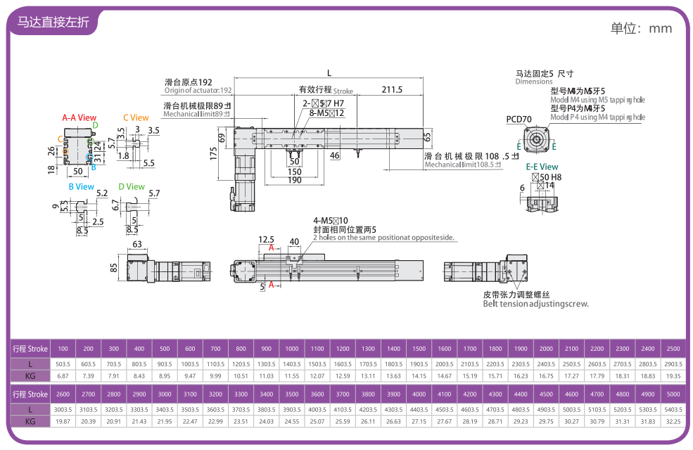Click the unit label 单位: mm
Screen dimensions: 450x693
point(641,28)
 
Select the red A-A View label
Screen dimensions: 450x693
point(79,118)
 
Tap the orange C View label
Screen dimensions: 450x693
point(136,118)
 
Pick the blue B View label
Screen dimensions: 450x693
point(81,187)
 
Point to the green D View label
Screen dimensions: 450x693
point(132,187)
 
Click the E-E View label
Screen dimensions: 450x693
point(542,167)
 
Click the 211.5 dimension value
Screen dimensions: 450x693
point(392,89)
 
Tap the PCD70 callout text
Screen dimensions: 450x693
point(519,119)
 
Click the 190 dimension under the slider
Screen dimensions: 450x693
point(293,181)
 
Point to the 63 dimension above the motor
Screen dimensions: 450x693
point(136,245)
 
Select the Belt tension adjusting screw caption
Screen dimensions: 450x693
point(535,304)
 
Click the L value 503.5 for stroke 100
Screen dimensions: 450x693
point(63,364)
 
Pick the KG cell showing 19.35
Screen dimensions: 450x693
point(672,376)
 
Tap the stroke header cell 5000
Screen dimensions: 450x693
point(672,394)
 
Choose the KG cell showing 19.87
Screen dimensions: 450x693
point(63,421)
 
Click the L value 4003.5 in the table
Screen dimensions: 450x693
point(317,409)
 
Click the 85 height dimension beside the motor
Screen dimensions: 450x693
point(114,268)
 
